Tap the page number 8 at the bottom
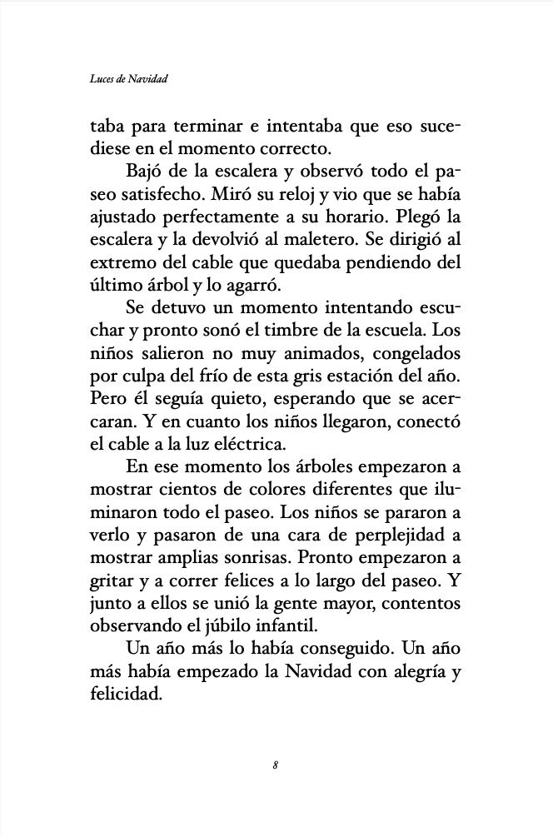(275, 764)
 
